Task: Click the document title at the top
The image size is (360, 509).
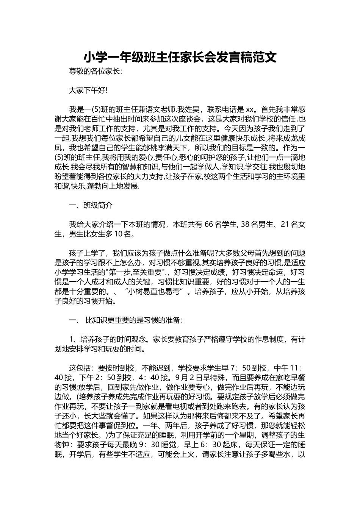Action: [x=180, y=57]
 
